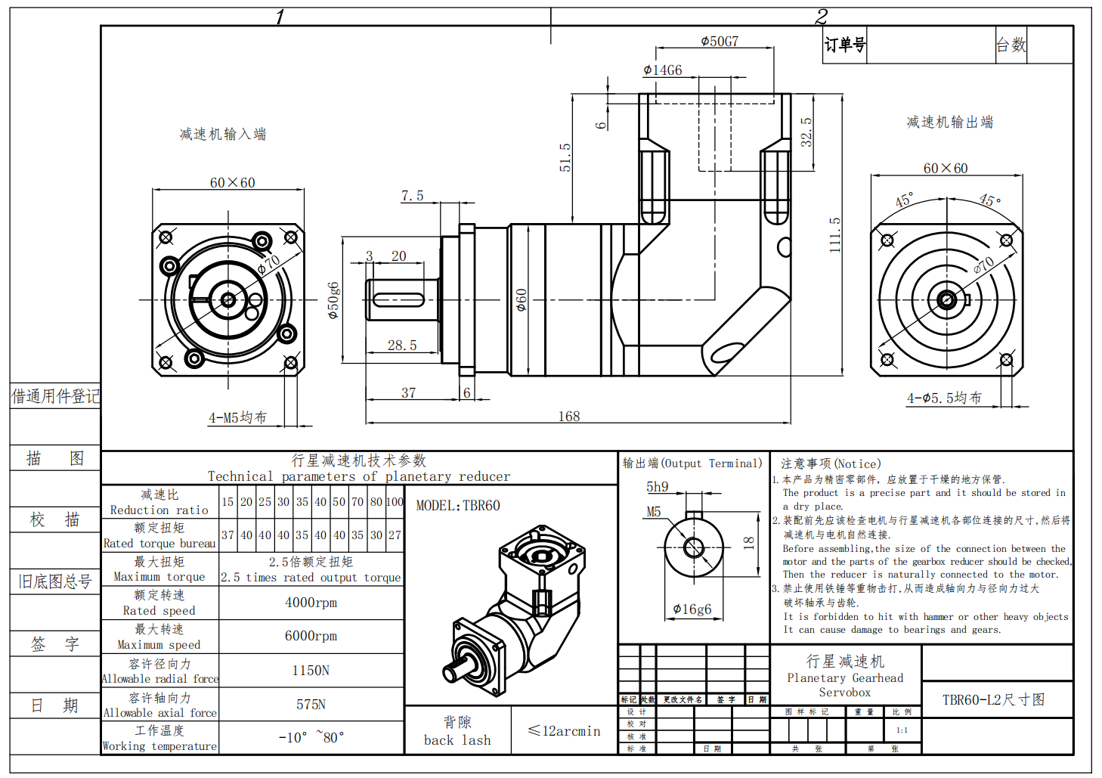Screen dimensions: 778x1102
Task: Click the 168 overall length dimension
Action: point(568,416)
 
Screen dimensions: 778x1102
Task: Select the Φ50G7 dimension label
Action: point(720,42)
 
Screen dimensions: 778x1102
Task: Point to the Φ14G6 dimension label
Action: point(663,70)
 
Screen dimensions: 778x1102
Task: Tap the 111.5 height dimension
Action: point(834,235)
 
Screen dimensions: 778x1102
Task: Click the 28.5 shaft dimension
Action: point(402,345)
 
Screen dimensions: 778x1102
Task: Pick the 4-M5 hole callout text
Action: point(237,417)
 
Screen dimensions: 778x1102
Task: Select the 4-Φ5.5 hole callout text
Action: point(944,398)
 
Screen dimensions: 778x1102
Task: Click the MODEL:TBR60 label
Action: point(458,505)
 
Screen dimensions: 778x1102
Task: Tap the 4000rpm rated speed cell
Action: point(311,603)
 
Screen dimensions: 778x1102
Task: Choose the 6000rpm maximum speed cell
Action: point(311,636)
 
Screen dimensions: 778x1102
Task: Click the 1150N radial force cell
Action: point(311,671)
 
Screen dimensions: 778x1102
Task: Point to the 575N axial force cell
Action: point(311,705)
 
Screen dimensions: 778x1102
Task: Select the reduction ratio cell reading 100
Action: point(395,502)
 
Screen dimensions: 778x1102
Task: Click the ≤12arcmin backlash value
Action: point(565,731)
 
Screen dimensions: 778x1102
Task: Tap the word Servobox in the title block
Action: point(844,693)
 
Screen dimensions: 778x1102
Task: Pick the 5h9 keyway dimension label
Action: point(657,487)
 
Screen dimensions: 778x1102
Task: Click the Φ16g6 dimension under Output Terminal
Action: point(692,609)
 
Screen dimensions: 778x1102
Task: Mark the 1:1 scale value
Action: point(902,730)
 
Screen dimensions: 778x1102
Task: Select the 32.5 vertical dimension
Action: point(806,132)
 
